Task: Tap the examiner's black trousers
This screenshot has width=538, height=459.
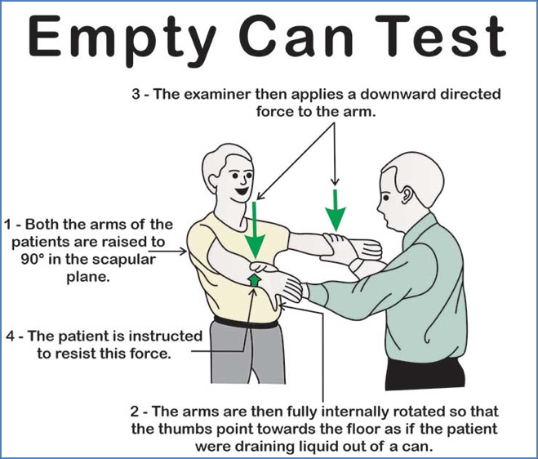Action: click(416, 376)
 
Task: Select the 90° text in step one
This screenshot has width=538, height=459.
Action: click(18, 259)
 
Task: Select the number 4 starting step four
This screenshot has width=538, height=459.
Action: click(8, 336)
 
